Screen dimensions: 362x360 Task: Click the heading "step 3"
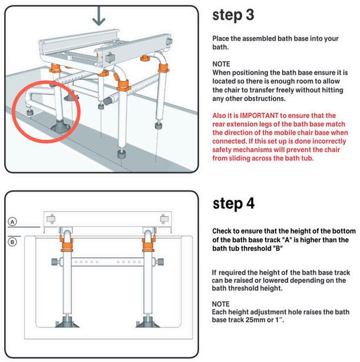tap(233, 15)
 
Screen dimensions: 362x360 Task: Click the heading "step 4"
tap(233, 204)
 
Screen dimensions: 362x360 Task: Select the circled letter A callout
tap(13, 222)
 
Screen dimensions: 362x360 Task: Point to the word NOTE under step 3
tap(223, 63)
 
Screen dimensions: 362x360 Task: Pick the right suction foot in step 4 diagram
tap(147, 322)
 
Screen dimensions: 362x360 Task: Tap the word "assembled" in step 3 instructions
tap(262, 38)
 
